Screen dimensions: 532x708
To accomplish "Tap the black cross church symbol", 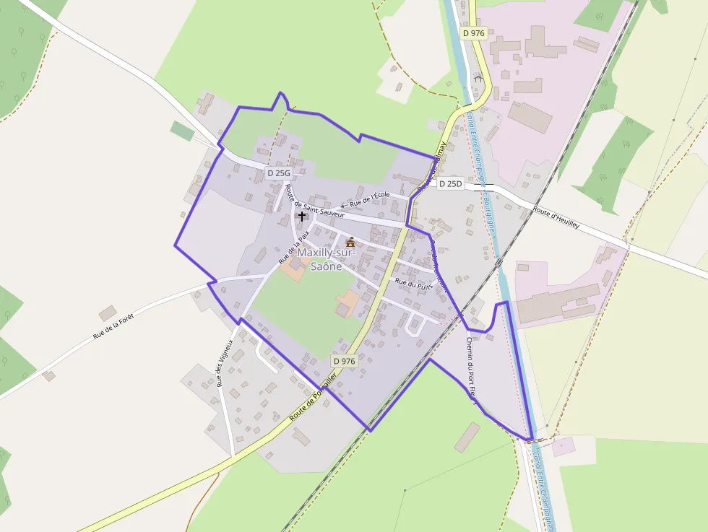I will click(302, 216).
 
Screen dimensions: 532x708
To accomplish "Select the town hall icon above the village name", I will click(350, 242).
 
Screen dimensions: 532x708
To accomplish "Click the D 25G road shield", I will click(278, 173).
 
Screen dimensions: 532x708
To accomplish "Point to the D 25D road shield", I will click(450, 184).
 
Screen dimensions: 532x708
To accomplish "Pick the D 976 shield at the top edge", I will click(474, 33).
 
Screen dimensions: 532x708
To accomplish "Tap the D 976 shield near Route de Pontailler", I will click(345, 360).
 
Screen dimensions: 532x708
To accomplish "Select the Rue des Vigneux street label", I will click(225, 363).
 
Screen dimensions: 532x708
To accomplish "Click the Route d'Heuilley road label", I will click(556, 217).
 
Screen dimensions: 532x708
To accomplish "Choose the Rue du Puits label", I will click(414, 284).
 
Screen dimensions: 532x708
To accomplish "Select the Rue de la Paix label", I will click(293, 246).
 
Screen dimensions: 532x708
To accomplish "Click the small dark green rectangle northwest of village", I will click(182, 131).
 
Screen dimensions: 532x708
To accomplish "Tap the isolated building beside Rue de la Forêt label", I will click(108, 313).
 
